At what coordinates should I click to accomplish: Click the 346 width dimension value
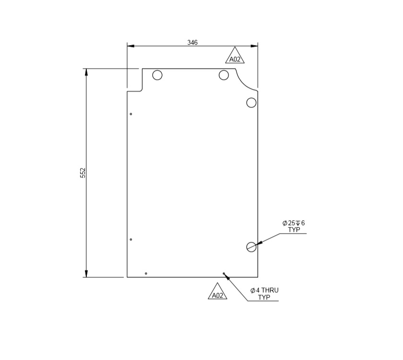[192, 42]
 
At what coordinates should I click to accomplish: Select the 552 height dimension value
[83, 173]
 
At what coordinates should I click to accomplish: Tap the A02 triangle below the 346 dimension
[235, 57]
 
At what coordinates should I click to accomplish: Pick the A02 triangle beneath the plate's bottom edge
[217, 293]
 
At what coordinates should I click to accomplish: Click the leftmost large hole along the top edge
[157, 75]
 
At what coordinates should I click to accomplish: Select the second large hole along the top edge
[224, 75]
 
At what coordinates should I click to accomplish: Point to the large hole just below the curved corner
[251, 102]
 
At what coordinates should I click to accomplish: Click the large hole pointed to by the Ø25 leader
[251, 247]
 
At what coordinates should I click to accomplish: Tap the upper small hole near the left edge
[131, 114]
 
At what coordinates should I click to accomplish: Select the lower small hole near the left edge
[131, 240]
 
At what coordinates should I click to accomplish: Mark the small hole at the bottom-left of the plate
[146, 274]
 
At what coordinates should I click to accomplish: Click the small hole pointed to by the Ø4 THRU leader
[224, 274]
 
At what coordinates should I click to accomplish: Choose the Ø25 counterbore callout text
[294, 223]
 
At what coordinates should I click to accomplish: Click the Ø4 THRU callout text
[264, 290]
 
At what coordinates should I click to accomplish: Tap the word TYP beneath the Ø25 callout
[294, 230]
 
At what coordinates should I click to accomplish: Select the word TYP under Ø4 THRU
[264, 298]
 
